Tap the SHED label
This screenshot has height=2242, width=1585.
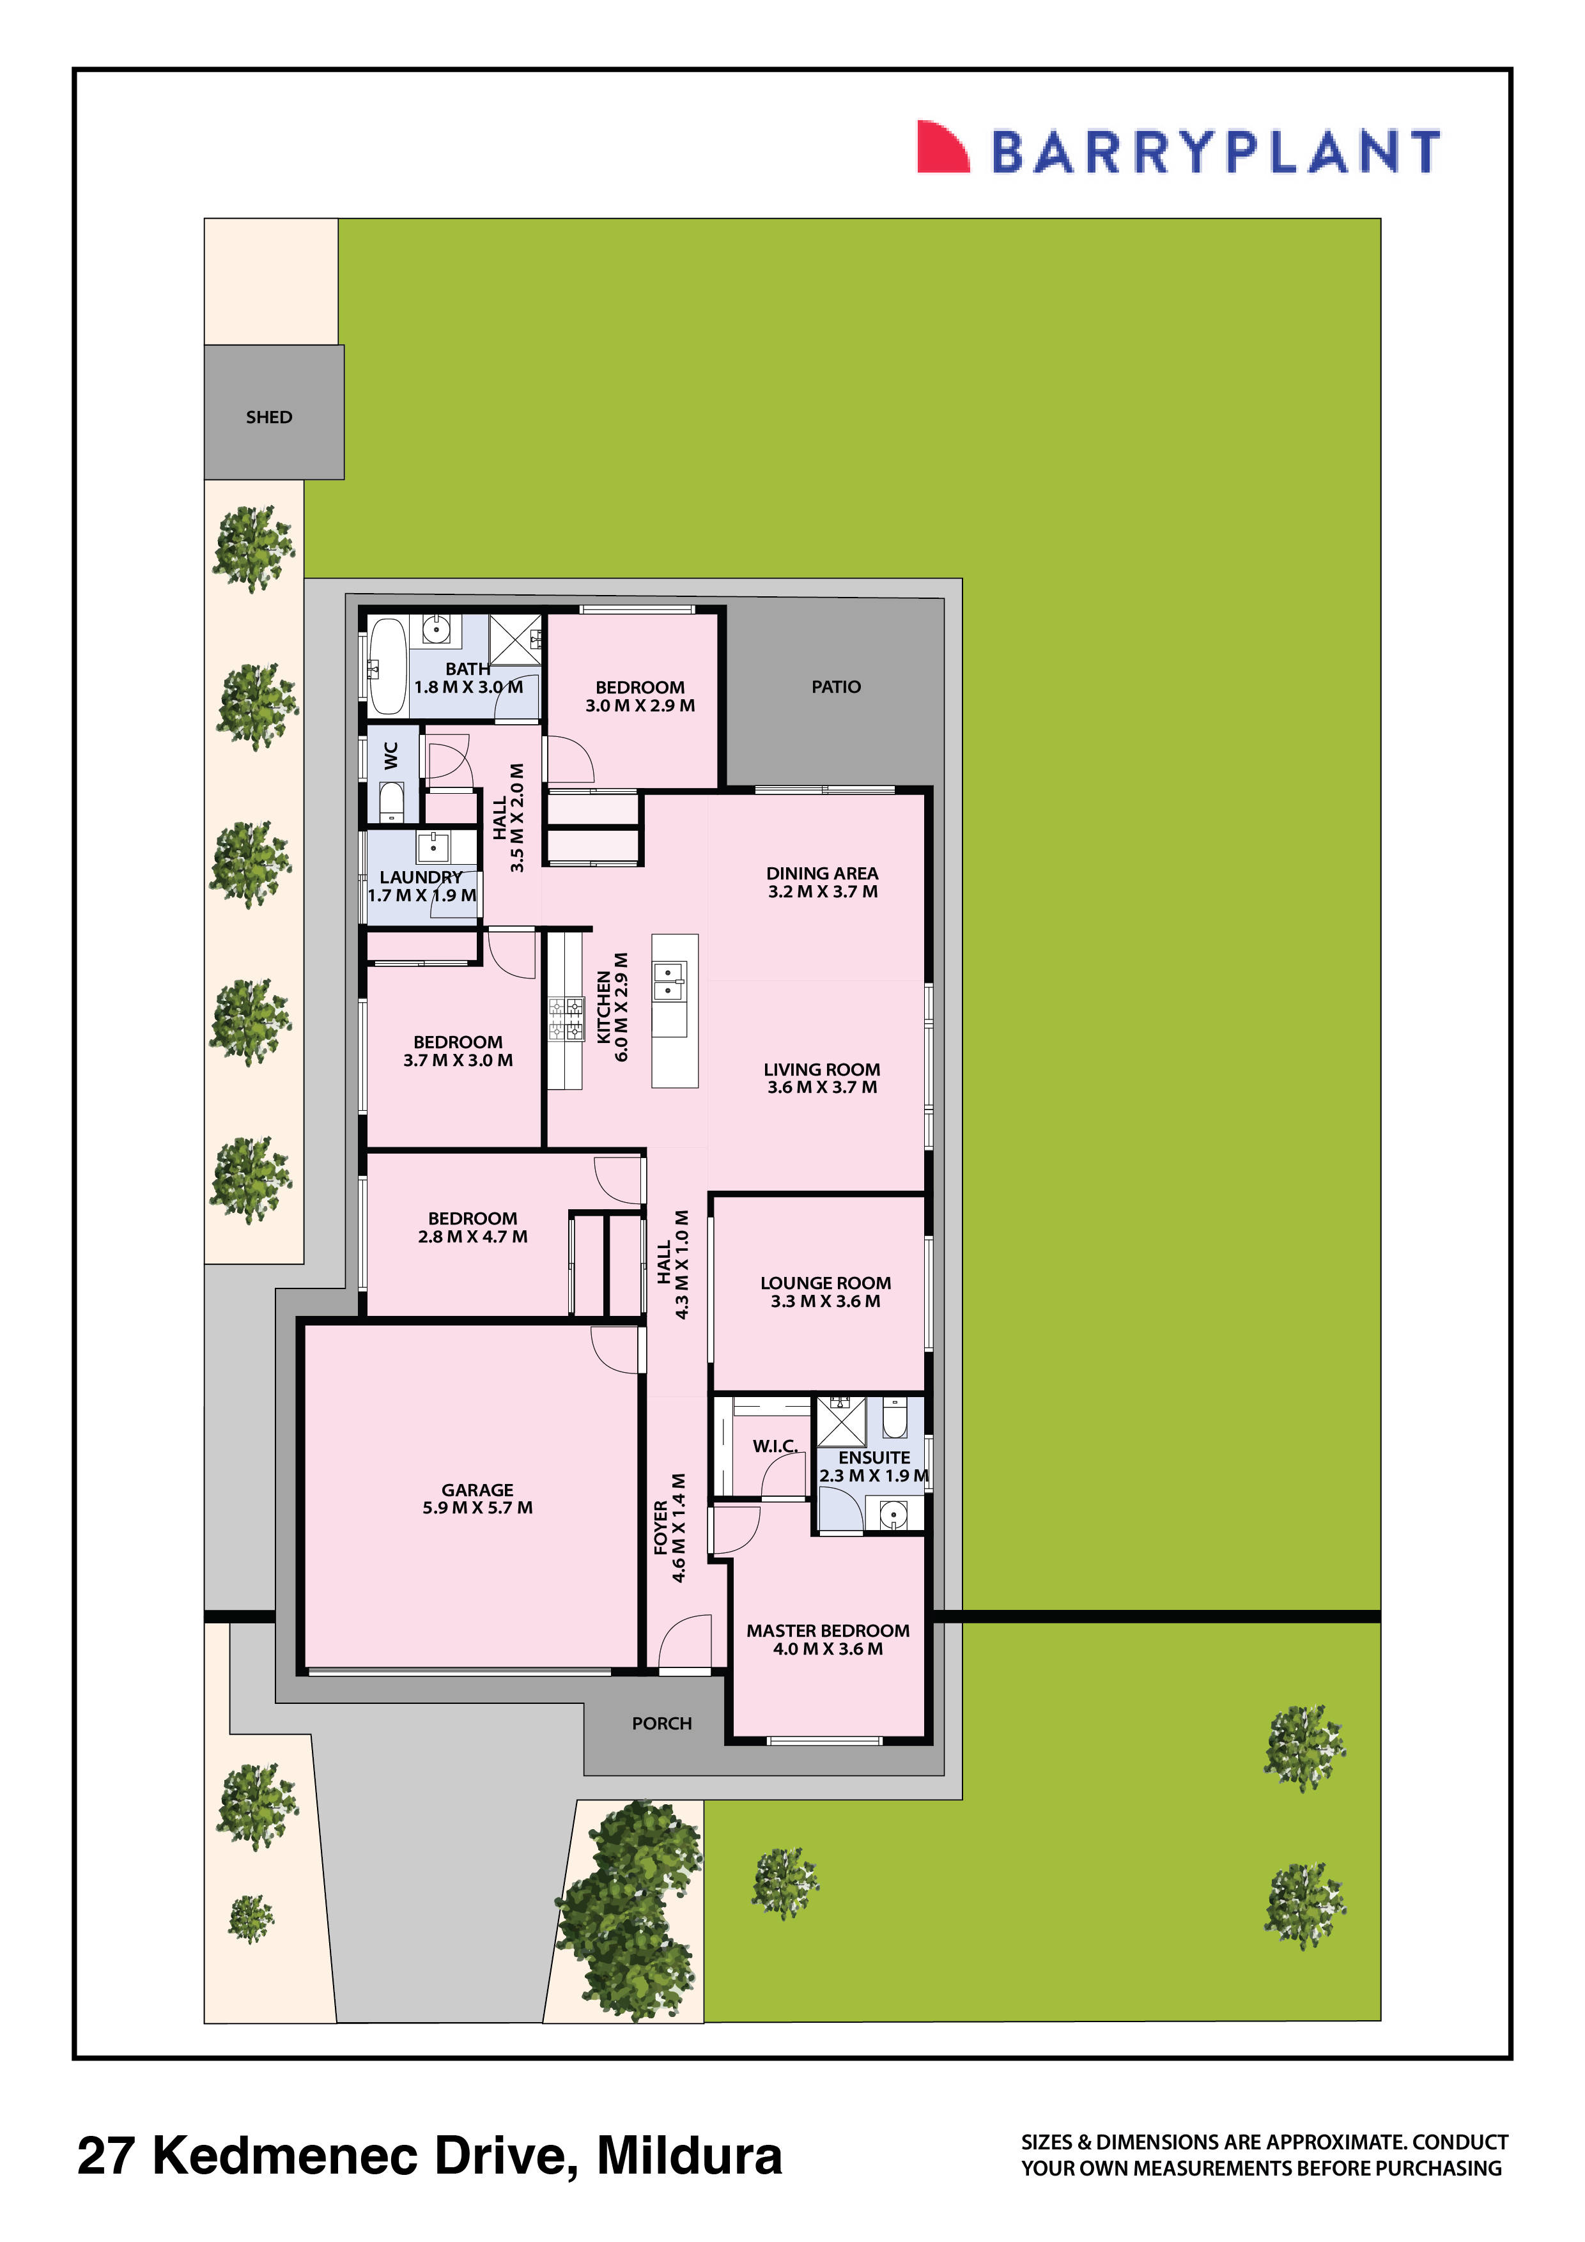[268, 417]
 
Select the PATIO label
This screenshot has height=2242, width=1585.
[836, 686]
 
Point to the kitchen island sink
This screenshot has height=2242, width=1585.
[669, 982]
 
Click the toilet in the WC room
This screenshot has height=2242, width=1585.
[390, 803]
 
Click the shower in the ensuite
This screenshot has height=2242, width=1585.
[841, 1421]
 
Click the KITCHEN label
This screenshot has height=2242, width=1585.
[603, 1007]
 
